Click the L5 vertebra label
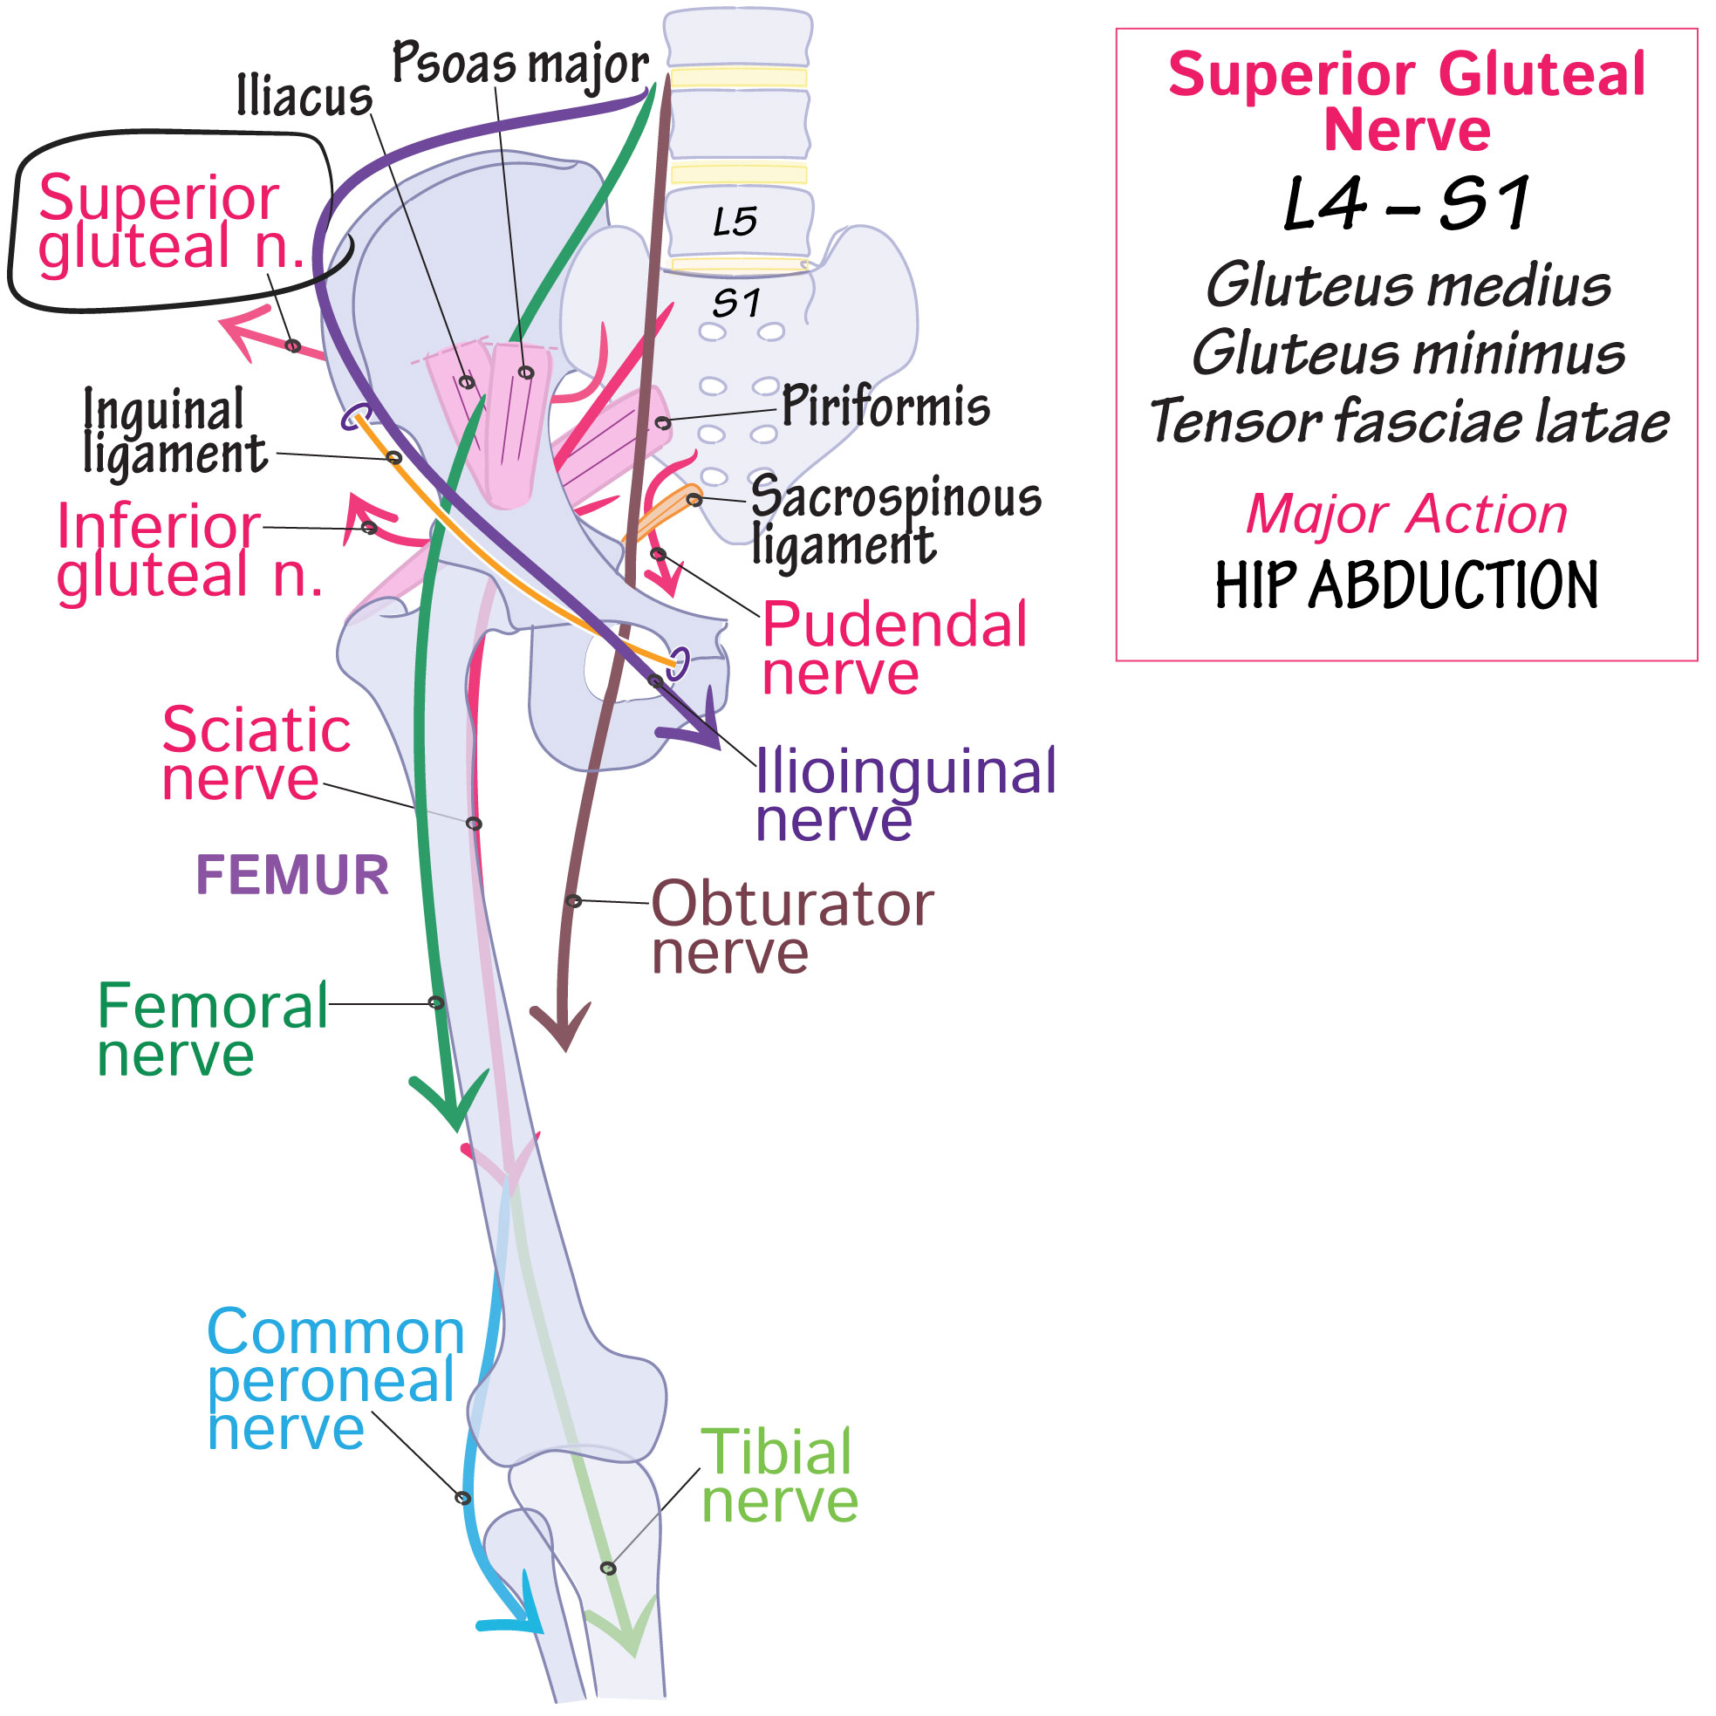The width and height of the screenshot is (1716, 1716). pos(735,222)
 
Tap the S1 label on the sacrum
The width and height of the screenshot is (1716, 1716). pos(736,304)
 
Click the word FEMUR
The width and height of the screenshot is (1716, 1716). pos(292,875)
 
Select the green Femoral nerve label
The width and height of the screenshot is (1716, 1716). pos(211,1030)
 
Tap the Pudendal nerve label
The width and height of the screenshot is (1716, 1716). pos(892,648)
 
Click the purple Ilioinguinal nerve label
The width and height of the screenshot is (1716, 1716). pos(904,795)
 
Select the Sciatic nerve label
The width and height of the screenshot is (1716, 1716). pos(256,754)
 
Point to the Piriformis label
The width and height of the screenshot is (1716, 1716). pos(885,407)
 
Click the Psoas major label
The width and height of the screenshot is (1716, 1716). pos(521,64)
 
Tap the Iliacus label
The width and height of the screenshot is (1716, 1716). pos(304,96)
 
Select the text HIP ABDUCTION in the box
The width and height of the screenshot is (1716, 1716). pos(1406,585)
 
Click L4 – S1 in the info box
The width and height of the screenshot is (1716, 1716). pos(1406,204)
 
